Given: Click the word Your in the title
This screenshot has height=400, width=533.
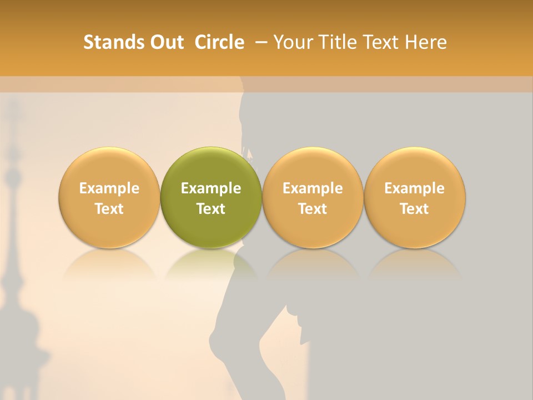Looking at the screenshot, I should [293, 42].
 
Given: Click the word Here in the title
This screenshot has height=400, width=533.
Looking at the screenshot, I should [426, 42].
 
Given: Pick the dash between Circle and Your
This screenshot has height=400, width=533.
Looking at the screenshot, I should [260, 42].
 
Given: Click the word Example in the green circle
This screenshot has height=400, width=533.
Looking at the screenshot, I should [211, 188].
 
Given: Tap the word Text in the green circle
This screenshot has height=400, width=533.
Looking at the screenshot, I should [211, 209].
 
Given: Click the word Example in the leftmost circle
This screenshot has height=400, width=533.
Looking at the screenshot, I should [109, 188].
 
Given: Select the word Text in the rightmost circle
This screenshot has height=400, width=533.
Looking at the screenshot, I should [415, 209].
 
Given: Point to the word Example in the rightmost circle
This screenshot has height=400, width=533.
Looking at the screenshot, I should [415, 188].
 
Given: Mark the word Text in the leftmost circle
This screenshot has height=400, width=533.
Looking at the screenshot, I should [109, 209].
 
